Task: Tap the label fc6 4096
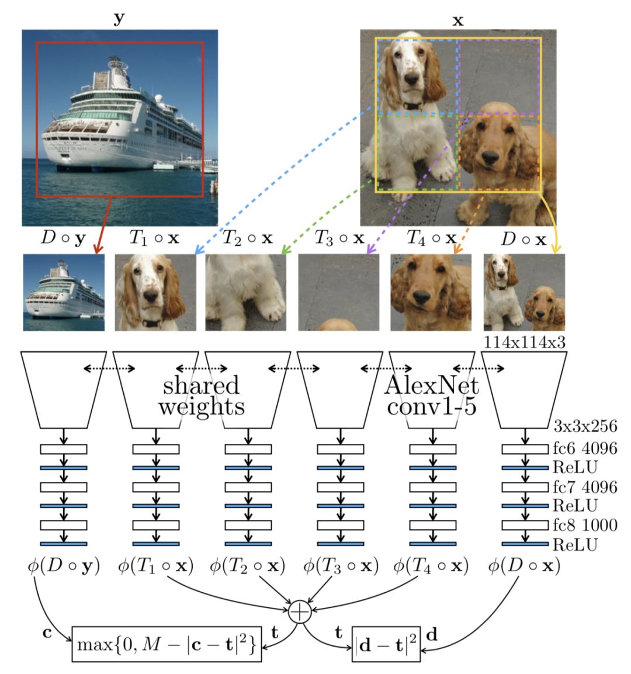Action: click(x=585, y=449)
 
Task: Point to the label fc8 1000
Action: click(x=585, y=525)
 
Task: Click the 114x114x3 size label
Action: click(x=525, y=342)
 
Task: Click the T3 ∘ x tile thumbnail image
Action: click(x=339, y=293)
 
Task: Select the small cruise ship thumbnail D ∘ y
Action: click(x=64, y=293)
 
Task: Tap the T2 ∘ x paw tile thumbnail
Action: click(x=246, y=293)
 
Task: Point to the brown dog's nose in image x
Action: click(x=491, y=157)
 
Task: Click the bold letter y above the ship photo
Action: click(x=119, y=19)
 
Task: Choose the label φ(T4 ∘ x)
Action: click(x=431, y=566)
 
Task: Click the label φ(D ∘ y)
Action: click(x=63, y=566)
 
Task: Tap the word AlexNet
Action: click(x=432, y=385)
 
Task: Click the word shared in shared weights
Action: click(x=201, y=385)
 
